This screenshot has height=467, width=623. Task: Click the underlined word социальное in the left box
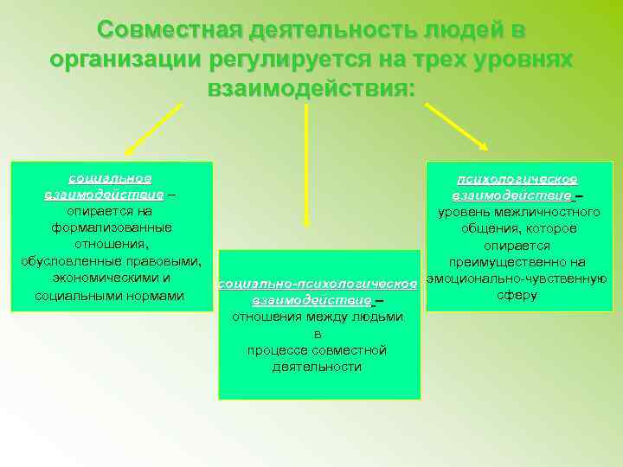point(110,178)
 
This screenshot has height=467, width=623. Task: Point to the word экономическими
point(111,278)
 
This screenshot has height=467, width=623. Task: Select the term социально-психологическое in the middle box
point(318,284)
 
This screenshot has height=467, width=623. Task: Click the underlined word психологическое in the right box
point(517,179)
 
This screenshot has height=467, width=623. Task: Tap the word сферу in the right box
point(517,295)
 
